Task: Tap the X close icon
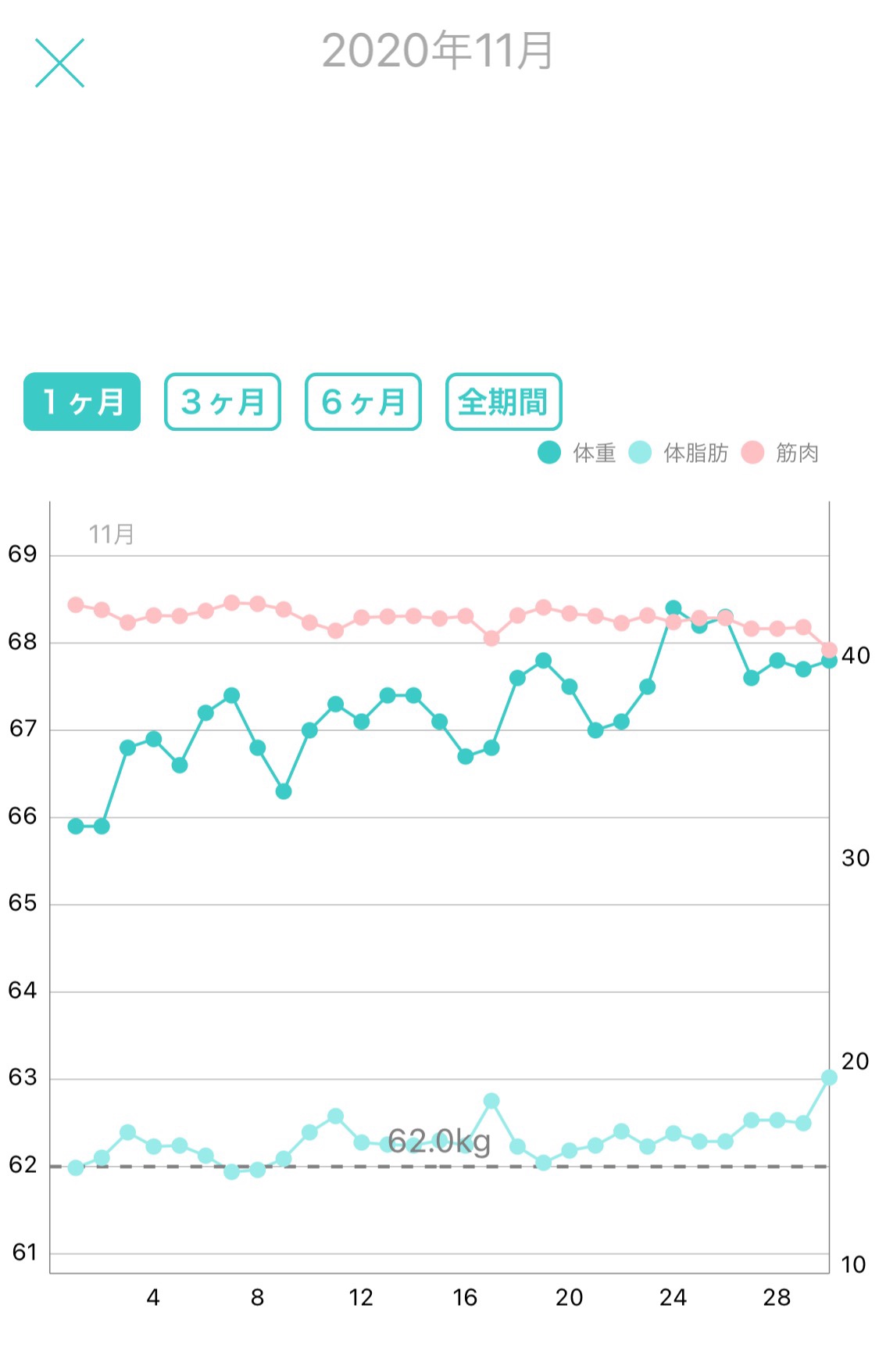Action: (x=59, y=63)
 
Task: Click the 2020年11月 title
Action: (x=438, y=52)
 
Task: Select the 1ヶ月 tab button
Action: (x=82, y=402)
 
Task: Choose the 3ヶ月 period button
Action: (x=223, y=402)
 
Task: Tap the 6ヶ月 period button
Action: (x=363, y=402)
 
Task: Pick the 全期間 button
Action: (x=504, y=402)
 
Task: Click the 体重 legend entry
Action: (x=578, y=453)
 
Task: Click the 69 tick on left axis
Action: (x=23, y=554)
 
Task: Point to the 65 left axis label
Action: (x=23, y=903)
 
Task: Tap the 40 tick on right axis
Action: (x=856, y=655)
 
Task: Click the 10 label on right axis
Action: (x=853, y=1264)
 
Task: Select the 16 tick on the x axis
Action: (x=465, y=1298)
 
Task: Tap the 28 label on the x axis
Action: (x=777, y=1298)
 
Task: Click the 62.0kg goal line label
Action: (x=439, y=1142)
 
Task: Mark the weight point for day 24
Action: (x=674, y=608)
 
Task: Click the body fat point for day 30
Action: (x=829, y=1077)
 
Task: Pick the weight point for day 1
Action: (x=76, y=826)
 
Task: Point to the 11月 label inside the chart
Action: (x=111, y=535)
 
